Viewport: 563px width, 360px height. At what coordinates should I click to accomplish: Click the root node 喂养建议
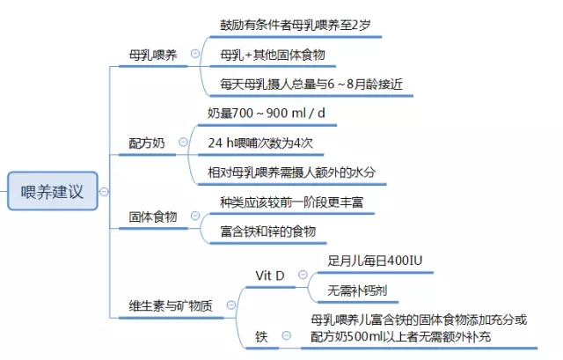[53, 191]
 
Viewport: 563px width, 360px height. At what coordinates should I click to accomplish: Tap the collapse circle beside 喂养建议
[104, 192]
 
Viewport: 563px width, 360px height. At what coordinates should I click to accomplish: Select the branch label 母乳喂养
[153, 55]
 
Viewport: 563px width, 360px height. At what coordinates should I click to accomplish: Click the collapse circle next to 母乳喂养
[195, 54]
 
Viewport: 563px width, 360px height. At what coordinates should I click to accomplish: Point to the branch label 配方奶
[147, 143]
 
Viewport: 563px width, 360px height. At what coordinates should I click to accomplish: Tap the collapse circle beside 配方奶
[183, 142]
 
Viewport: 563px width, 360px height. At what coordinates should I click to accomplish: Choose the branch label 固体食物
[153, 217]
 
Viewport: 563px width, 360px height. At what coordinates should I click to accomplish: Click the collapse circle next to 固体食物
[195, 216]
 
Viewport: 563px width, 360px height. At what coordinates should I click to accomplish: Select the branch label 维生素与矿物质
[171, 305]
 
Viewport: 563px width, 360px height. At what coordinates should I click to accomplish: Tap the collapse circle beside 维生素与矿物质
[230, 305]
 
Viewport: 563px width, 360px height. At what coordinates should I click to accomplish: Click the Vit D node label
[270, 276]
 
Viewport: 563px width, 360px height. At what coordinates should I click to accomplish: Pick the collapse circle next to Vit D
[303, 275]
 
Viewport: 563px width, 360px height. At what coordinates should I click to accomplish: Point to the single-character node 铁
[261, 336]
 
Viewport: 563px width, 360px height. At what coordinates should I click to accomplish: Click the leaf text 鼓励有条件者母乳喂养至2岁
[296, 26]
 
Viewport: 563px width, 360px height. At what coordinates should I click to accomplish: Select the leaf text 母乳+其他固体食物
[273, 55]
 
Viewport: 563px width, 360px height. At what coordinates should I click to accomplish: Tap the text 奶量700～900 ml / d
[267, 114]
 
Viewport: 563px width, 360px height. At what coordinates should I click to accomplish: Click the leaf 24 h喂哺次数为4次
[260, 143]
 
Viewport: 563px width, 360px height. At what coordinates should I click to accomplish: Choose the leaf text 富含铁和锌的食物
[267, 231]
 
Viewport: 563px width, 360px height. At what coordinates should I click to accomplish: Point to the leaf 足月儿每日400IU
[375, 261]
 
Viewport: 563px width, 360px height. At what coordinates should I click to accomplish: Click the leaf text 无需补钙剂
[357, 290]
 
